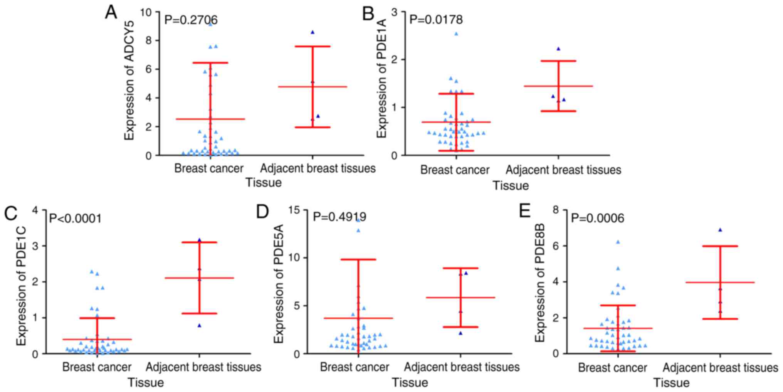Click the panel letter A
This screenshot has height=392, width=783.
111,13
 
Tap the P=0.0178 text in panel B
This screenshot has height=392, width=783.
436,19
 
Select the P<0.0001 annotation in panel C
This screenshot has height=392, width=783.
76,219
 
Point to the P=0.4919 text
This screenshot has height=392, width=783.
339,217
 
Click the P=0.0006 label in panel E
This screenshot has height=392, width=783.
597,219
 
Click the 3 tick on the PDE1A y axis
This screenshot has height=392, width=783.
394,12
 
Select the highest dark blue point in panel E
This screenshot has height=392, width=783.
720,230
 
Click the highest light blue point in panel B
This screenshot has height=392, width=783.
456,34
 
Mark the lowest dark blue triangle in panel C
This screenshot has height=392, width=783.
200,326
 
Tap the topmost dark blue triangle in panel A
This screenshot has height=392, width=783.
313,32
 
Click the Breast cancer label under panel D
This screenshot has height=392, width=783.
355,367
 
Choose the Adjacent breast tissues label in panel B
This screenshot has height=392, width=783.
563,170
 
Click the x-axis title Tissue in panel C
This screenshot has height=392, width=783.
146,383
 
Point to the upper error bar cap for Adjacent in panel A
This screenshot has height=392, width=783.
313,46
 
